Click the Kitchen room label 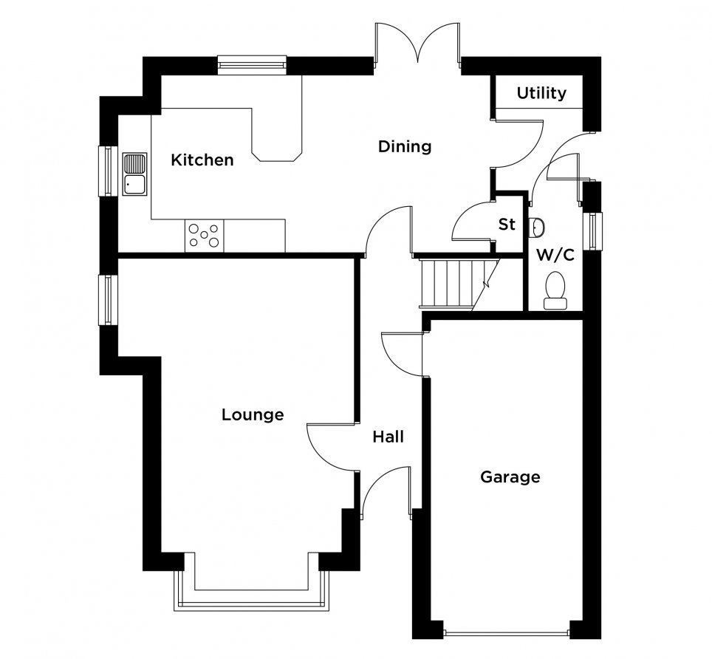pos(202,160)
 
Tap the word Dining pos(405,147)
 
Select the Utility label pos(541,93)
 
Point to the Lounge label pos(253,414)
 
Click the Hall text pos(388,437)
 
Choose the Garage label pos(510,477)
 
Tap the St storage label pos(507,224)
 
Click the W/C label pos(555,255)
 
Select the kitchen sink pos(135,174)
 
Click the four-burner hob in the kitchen pos(205,236)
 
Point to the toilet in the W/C pos(555,290)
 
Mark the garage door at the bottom pos(506,632)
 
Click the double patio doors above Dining pos(417,43)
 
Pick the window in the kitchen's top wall pos(252,64)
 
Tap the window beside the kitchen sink pos(108,171)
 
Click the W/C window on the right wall pos(593,231)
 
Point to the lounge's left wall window pos(108,300)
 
